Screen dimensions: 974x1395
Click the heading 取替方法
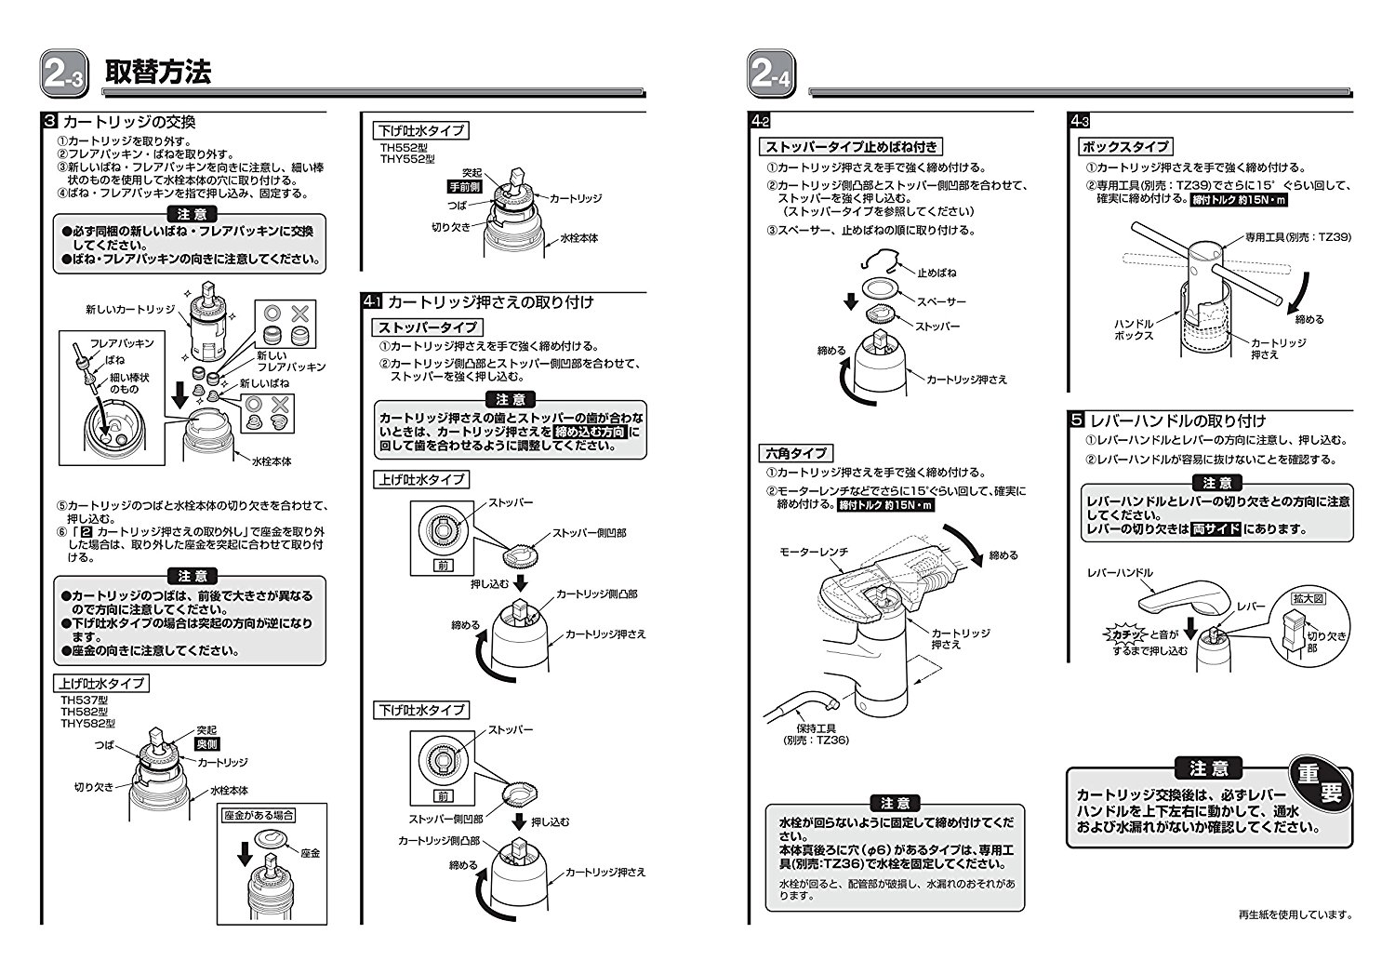[158, 73]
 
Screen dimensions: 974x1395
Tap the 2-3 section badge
[62, 75]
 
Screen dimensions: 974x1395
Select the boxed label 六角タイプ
[795, 453]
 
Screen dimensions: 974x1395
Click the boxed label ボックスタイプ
[1124, 146]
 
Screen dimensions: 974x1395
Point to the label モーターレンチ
[814, 553]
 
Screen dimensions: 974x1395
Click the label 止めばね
[936, 274]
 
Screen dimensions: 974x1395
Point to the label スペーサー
[941, 301]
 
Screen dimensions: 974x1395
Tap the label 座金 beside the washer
[310, 852]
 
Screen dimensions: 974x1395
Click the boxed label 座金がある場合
[259, 815]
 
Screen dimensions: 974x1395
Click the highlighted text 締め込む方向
[590, 433]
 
